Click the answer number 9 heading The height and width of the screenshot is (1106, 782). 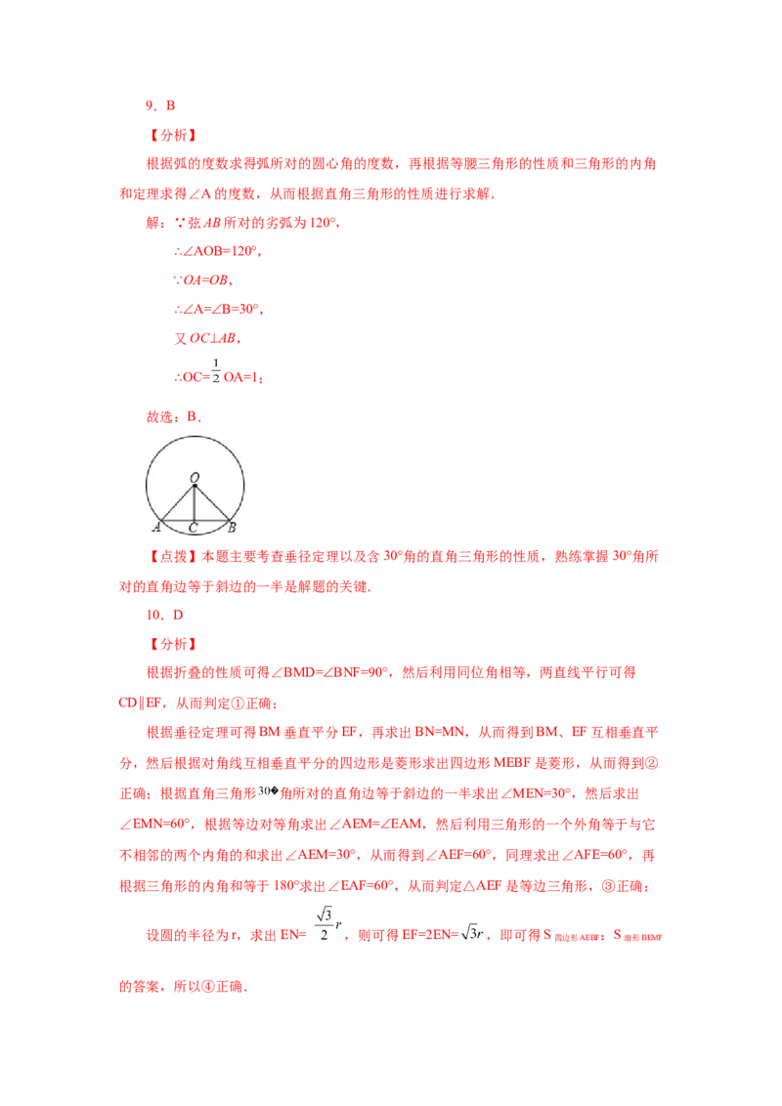[160, 106]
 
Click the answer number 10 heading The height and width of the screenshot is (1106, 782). [164, 616]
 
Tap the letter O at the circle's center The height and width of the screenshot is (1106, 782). [195, 478]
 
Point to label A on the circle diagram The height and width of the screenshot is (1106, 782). [156, 527]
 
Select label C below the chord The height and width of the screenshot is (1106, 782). [194, 528]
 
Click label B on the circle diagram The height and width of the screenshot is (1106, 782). [232, 527]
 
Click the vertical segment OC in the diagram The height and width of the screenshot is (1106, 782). [195, 503]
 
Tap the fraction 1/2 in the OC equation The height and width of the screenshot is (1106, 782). [216, 371]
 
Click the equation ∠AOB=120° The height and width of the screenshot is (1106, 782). [218, 251]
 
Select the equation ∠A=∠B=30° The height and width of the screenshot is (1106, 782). [219, 309]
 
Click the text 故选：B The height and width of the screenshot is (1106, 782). [174, 417]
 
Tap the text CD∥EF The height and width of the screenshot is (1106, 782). [141, 703]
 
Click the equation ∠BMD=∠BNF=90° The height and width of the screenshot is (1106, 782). [329, 673]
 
